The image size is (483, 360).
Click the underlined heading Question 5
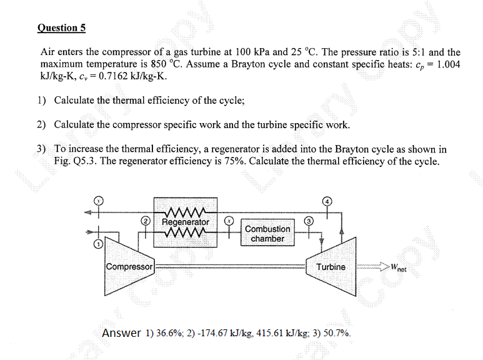tap(61, 27)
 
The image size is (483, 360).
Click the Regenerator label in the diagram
tap(186, 222)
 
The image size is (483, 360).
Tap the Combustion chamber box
tap(267, 234)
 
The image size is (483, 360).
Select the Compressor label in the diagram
tap(129, 267)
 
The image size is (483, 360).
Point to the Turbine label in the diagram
tap(331, 267)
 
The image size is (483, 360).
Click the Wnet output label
tap(397, 267)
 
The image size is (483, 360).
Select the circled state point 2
tap(146, 221)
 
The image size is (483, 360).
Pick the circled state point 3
tap(308, 221)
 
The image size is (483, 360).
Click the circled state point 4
tap(327, 201)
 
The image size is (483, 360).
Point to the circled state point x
tap(229, 221)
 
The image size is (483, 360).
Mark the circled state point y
tap(97, 201)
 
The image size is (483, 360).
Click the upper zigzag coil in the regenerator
tap(185, 211)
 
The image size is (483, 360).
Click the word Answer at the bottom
tap(121, 333)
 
